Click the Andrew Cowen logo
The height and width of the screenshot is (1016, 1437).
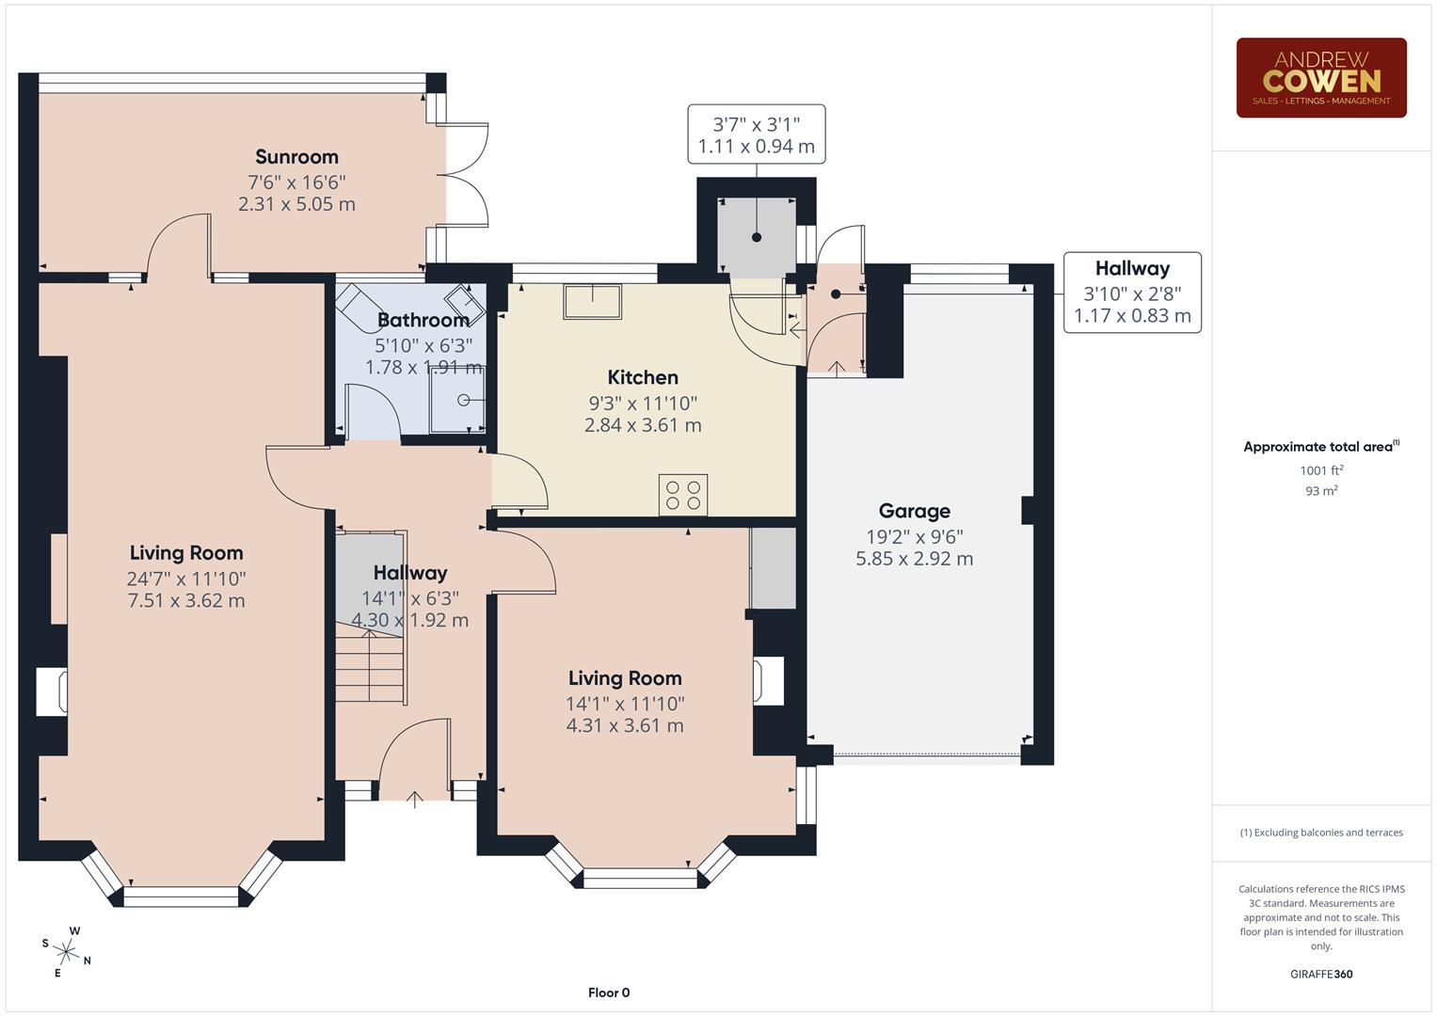pyautogui.click(x=1320, y=78)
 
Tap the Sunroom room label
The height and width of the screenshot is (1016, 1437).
pyautogui.click(x=296, y=157)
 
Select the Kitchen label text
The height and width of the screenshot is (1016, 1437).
pyautogui.click(x=643, y=377)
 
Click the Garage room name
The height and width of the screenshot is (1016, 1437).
pyautogui.click(x=914, y=511)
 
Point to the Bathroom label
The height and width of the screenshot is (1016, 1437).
pyautogui.click(x=423, y=321)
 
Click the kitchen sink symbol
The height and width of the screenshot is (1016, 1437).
pyautogui.click(x=592, y=301)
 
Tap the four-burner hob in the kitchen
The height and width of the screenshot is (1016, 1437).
pyautogui.click(x=683, y=495)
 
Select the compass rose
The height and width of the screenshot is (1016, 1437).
pyautogui.click(x=66, y=950)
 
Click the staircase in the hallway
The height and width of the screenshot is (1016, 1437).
pyautogui.click(x=371, y=668)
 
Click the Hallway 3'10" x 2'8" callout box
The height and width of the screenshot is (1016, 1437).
pyautogui.click(x=1132, y=293)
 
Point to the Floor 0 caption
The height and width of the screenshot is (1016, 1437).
pyautogui.click(x=609, y=992)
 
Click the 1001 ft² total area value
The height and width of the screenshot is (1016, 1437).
pyautogui.click(x=1321, y=470)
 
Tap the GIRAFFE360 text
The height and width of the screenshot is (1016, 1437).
pyautogui.click(x=1321, y=974)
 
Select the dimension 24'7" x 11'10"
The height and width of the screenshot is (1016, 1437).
pyautogui.click(x=186, y=579)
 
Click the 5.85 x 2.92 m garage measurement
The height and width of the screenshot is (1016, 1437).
pyautogui.click(x=914, y=559)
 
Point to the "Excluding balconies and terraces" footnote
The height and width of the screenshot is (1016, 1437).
pyautogui.click(x=1321, y=833)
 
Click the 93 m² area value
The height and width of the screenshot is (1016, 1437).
pyautogui.click(x=1321, y=491)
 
